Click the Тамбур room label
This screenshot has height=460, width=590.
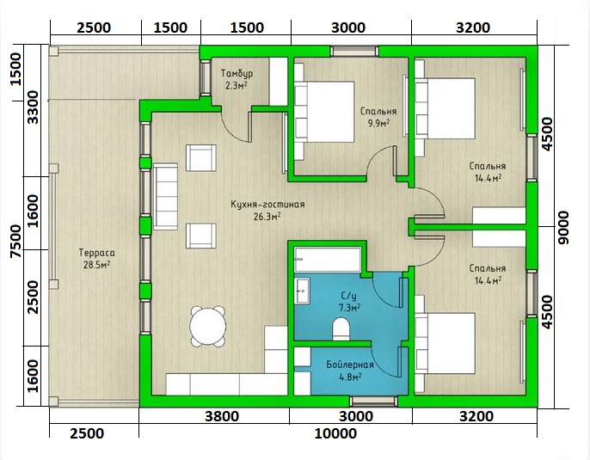[237, 73]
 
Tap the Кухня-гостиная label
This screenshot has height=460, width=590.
[267, 205]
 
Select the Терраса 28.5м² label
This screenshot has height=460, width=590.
[96, 259]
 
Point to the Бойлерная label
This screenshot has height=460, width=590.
[349, 365]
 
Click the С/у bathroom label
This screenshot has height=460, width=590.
[349, 296]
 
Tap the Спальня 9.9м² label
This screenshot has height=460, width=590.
[378, 117]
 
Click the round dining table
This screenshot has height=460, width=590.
[208, 327]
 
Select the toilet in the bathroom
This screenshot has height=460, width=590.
[341, 329]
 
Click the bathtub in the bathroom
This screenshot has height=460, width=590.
[328, 259]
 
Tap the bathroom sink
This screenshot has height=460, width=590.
[302, 291]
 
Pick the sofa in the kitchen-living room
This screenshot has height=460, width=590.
[165, 196]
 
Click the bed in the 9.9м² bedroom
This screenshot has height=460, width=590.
[324, 112]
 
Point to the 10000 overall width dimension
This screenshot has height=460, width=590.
[335, 433]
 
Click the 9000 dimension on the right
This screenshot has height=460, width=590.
[562, 227]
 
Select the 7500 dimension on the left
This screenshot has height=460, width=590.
[16, 241]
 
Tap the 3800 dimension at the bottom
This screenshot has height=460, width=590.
[222, 416]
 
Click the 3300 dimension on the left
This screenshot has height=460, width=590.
[33, 107]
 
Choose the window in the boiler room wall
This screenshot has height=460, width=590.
[373, 402]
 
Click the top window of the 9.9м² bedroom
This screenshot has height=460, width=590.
[354, 51]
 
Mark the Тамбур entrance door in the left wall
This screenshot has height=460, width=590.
[205, 77]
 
